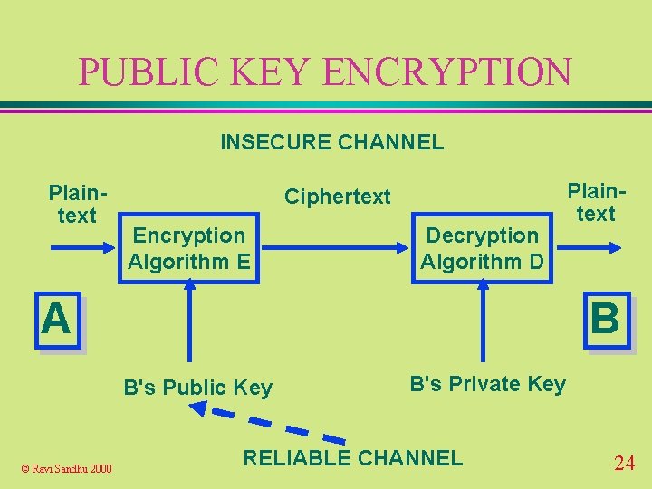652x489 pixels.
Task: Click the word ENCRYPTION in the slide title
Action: (x=447, y=72)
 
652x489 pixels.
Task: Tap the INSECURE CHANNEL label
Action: (x=331, y=141)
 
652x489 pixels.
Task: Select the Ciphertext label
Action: (x=338, y=197)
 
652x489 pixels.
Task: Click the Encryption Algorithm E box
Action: (x=188, y=249)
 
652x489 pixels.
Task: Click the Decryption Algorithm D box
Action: (x=482, y=249)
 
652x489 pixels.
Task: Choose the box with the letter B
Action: (x=605, y=320)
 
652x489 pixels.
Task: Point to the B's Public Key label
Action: (x=197, y=388)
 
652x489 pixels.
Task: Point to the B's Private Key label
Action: (x=487, y=384)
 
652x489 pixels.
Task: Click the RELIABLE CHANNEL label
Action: (x=353, y=457)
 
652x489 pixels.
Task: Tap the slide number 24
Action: (x=624, y=464)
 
